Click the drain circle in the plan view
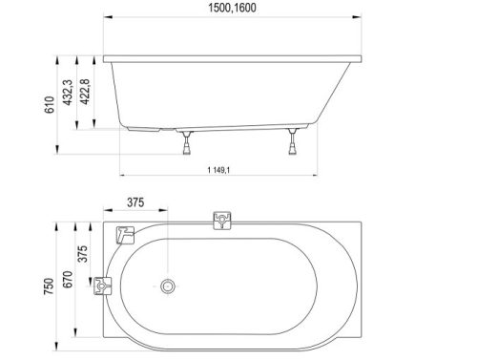coord(168,286)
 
